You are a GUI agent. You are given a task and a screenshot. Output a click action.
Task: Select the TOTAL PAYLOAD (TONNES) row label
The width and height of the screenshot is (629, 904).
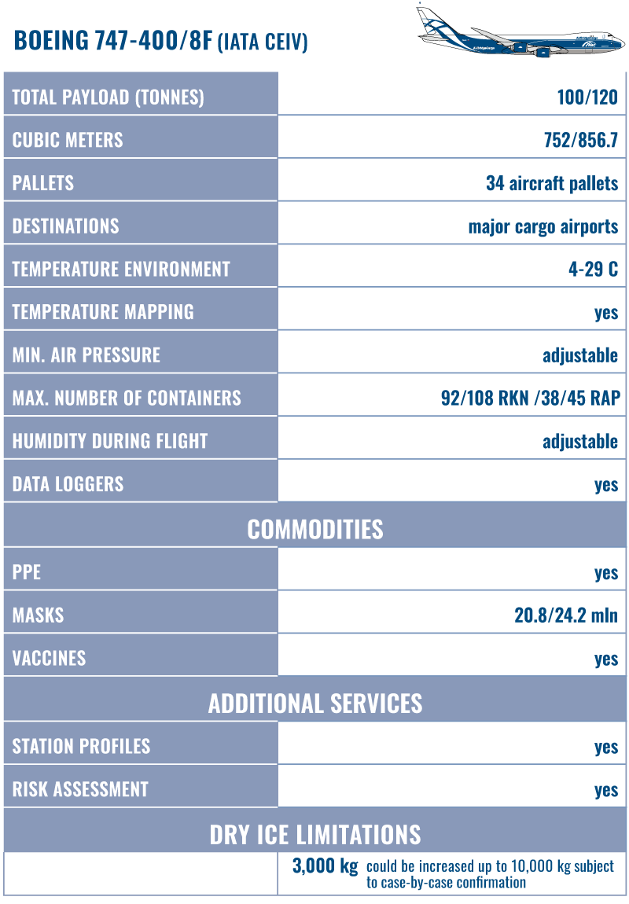tap(108, 97)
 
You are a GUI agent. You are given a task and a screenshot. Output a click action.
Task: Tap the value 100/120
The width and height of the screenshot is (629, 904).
tap(587, 97)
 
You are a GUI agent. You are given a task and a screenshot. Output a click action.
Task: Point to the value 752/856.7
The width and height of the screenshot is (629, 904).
tap(580, 141)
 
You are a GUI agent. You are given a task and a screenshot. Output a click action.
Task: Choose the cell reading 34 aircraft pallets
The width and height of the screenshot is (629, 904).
tap(552, 184)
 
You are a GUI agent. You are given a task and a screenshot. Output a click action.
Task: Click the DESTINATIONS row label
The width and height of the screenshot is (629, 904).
tap(65, 226)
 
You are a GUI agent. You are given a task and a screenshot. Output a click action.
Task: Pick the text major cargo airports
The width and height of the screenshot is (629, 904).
tap(543, 226)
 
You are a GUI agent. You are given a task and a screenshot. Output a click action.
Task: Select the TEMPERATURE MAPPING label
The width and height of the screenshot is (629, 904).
tap(103, 312)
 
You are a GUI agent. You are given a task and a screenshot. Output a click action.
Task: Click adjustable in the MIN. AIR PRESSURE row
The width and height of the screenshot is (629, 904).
tap(580, 355)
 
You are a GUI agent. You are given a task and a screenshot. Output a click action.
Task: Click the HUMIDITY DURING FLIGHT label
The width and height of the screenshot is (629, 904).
tap(109, 441)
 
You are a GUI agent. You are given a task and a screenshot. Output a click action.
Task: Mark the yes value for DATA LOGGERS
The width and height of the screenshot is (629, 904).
tap(606, 484)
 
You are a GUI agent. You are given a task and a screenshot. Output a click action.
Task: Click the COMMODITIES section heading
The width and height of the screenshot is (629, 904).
tap(315, 529)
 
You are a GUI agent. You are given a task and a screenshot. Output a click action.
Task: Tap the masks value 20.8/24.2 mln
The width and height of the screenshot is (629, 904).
tap(566, 616)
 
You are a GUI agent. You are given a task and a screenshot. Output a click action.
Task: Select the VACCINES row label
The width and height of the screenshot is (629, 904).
tap(49, 658)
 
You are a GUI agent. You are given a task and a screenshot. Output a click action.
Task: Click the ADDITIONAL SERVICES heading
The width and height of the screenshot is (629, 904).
tap(315, 703)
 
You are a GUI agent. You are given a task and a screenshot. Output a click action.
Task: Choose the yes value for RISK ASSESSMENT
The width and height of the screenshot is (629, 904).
tap(606, 789)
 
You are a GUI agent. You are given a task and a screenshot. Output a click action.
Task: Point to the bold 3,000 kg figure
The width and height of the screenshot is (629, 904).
tap(325, 867)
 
